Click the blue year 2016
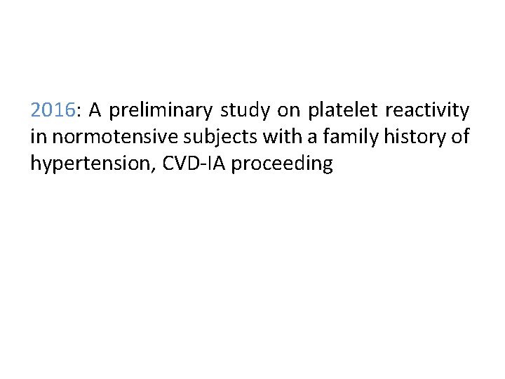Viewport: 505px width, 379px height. point(53,110)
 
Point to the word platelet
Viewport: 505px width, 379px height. point(340,111)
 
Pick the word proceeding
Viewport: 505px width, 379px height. point(282,164)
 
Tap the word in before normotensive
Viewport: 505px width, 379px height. point(37,138)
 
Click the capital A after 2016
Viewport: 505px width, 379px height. point(95,110)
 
